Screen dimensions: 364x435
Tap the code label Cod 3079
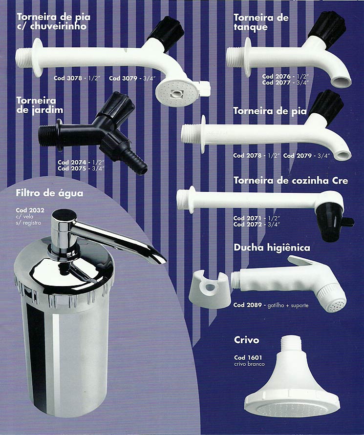point(123,78)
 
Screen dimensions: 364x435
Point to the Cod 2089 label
point(247,305)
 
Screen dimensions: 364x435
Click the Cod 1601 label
point(248,357)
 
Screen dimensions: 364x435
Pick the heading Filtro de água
point(49,193)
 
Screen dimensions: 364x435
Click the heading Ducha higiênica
point(272,247)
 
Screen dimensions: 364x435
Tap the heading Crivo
point(247,340)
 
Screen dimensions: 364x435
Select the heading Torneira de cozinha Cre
point(291,181)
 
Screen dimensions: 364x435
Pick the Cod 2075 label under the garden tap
point(72,168)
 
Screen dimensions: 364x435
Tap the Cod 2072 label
point(247,225)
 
